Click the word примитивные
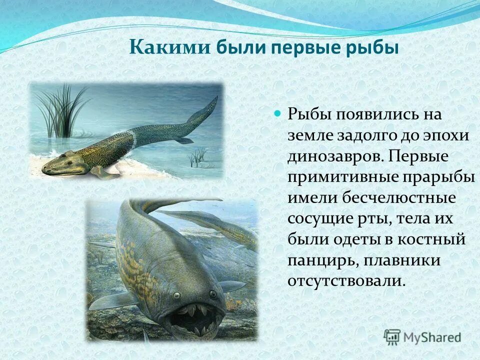coord(337,177)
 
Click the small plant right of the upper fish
coord(198,157)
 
